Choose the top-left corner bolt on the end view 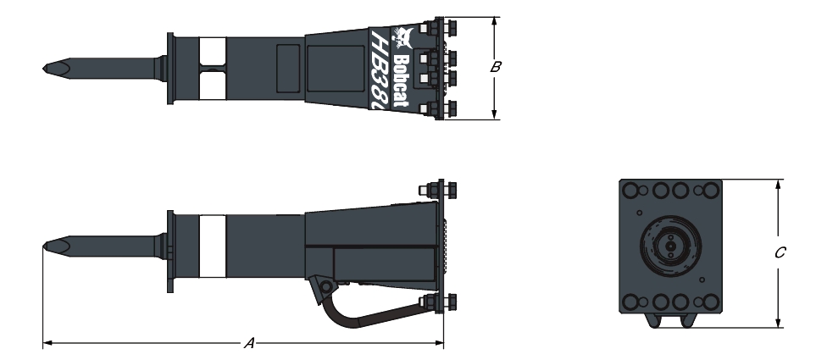click(x=634, y=191)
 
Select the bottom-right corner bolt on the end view click(x=705, y=302)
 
